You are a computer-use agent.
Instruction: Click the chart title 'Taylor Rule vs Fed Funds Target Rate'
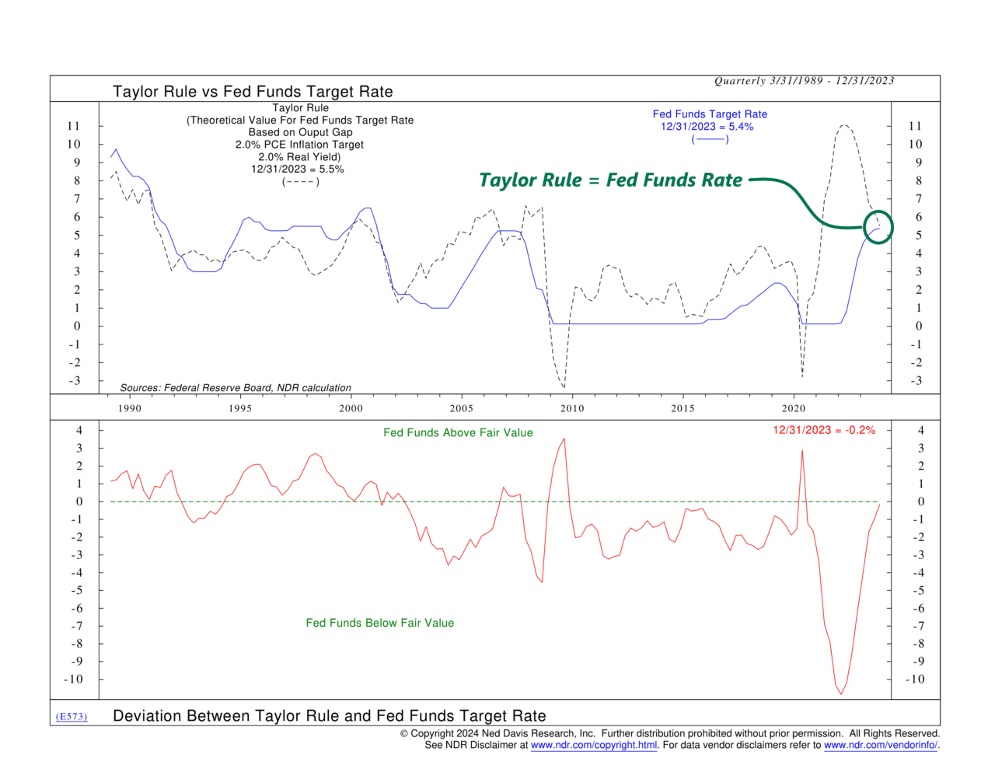tap(253, 92)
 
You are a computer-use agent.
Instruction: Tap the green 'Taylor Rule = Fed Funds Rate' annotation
tap(611, 180)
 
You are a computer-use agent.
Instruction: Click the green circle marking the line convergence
tap(878, 227)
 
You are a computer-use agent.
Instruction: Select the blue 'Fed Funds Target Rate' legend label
tap(710, 114)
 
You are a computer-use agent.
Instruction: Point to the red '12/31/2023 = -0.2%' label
tap(823, 430)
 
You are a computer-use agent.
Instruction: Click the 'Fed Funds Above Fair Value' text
tap(458, 433)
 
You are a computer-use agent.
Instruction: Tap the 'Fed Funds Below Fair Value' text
tap(379, 623)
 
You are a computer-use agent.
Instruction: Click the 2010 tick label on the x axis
tap(572, 408)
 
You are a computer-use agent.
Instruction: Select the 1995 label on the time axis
tap(240, 408)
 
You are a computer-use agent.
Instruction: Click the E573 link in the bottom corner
tap(72, 716)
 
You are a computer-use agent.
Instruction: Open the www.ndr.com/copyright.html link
tap(594, 745)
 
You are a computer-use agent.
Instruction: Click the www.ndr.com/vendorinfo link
tap(880, 745)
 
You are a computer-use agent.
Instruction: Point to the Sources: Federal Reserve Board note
tap(236, 387)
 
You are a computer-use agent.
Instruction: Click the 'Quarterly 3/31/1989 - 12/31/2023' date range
tap(804, 81)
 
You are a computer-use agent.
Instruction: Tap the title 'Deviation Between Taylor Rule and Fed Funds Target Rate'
tap(330, 716)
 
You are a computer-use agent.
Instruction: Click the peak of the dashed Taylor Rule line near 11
tap(843, 125)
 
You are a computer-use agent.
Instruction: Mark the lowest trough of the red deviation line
tap(841, 694)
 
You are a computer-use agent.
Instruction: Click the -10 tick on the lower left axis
tap(74, 679)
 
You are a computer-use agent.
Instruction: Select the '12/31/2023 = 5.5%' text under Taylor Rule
tap(297, 169)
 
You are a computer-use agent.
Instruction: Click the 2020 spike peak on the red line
tap(802, 451)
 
